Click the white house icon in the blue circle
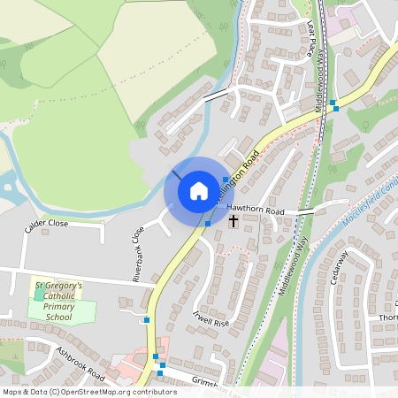[199, 190]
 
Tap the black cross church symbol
[234, 220]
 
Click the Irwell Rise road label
[211, 317]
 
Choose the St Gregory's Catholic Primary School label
[58, 301]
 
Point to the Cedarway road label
[339, 265]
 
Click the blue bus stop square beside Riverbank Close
[147, 319]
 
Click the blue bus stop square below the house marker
[207, 224]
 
